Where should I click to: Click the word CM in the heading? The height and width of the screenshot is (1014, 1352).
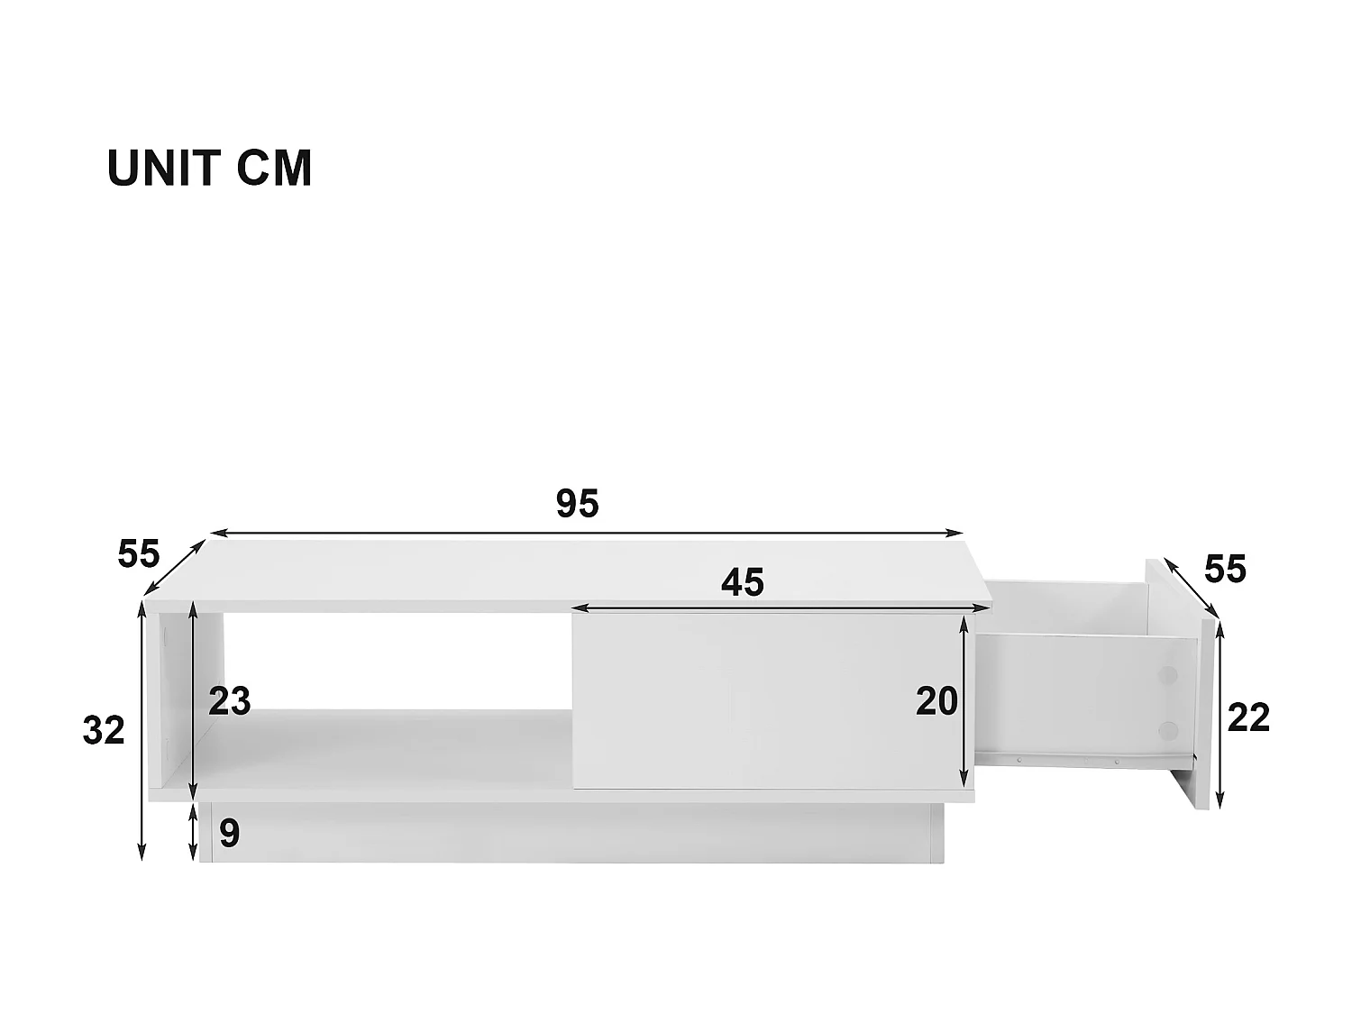275,169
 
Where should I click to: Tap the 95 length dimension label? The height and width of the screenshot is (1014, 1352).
577,504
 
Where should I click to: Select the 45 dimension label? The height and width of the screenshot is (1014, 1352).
743,583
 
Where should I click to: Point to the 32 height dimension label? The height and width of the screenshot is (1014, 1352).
104,730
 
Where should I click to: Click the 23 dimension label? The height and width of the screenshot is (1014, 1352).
229,701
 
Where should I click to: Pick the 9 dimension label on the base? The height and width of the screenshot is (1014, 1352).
230,834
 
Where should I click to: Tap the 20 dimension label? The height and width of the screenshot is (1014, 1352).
936,701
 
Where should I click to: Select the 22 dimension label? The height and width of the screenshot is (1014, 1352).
1249,717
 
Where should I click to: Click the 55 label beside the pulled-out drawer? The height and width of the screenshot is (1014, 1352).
1225,570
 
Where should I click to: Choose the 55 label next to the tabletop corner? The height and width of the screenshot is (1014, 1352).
139,553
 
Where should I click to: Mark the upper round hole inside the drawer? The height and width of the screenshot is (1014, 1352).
1167,674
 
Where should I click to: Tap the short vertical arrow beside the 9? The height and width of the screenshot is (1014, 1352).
194,833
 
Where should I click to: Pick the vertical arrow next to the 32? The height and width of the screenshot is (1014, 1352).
142,730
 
